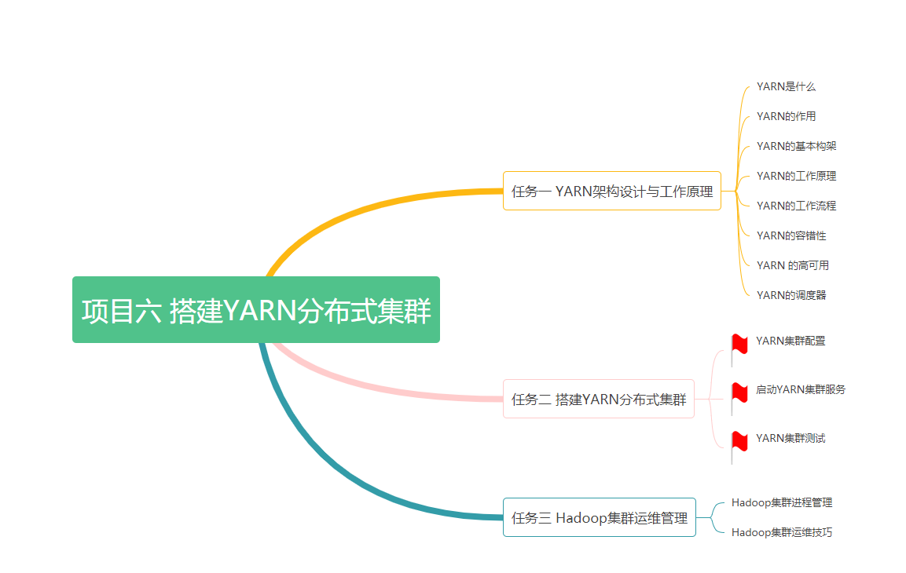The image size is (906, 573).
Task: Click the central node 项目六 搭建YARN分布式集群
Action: coord(256,310)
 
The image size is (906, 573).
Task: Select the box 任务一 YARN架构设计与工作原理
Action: coord(611,191)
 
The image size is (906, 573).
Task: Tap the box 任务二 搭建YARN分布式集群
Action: coord(598,400)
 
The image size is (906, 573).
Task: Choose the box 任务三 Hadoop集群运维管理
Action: coord(599,517)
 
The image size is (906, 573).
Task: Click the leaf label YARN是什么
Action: coord(786,86)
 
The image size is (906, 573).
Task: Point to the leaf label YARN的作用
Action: coord(786,116)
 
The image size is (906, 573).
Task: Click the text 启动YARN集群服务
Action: coord(801,389)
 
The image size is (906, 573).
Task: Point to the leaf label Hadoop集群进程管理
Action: coord(781,502)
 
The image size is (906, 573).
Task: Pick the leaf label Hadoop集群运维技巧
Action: coord(781,532)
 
